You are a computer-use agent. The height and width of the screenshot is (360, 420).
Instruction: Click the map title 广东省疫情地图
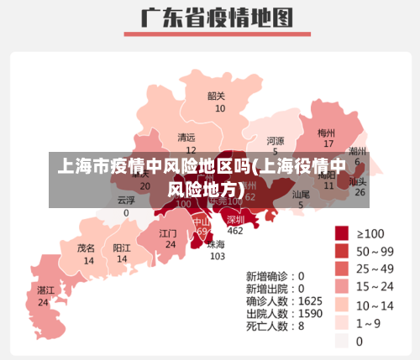(210, 19)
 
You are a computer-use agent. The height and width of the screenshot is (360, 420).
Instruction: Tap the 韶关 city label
(217, 96)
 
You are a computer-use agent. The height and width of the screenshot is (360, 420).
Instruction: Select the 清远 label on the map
(186, 137)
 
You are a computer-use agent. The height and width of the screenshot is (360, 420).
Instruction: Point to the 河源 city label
(275, 140)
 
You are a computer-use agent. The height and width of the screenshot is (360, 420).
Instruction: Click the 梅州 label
(326, 133)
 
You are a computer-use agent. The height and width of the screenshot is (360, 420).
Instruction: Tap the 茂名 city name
(87, 248)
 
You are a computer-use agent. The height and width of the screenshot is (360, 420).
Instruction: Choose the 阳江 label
(122, 248)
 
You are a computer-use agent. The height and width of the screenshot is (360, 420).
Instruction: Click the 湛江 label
(45, 290)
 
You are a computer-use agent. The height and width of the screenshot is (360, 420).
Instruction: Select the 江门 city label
(168, 232)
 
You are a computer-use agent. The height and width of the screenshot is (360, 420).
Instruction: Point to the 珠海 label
(217, 244)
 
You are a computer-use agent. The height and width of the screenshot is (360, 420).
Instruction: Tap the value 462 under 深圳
(235, 231)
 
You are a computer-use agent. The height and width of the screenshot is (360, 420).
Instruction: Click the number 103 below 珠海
(217, 256)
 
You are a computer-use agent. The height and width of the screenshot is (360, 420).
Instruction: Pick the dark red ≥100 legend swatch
(342, 232)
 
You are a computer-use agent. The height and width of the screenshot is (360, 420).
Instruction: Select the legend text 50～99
(375, 251)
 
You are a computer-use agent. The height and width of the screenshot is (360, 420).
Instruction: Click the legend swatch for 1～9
(342, 323)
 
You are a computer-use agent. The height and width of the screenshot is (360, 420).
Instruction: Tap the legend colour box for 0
(342, 341)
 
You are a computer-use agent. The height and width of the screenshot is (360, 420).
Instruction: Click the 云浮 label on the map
(126, 201)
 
